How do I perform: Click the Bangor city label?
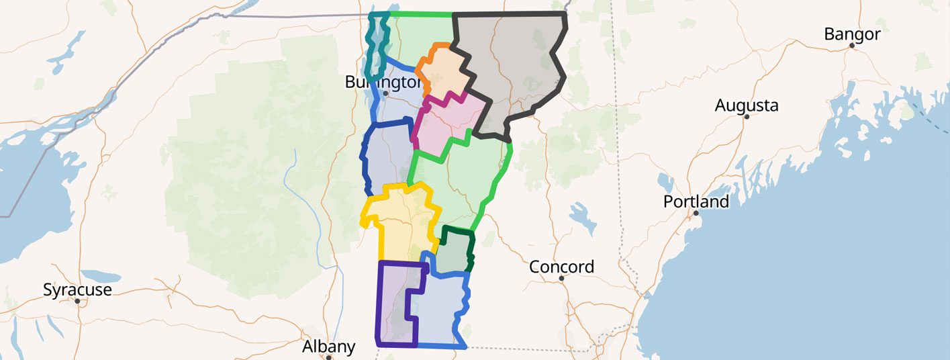[x=852, y=34]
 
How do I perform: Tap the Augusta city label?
[x=747, y=105]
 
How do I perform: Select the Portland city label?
[x=696, y=201]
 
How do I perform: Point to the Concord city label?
[x=561, y=267]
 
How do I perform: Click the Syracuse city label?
[x=77, y=290]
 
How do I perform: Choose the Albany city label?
[x=328, y=347]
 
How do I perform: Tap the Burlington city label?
[x=383, y=82]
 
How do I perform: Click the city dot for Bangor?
[x=851, y=46]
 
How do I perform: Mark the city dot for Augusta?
[x=746, y=116]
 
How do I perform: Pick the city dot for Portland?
[x=696, y=213]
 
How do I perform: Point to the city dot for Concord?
[x=561, y=278]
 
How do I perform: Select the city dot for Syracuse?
[x=77, y=301]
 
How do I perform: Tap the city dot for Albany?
[x=329, y=357]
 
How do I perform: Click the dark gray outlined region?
[x=517, y=67]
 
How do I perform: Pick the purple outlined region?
[x=396, y=302]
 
